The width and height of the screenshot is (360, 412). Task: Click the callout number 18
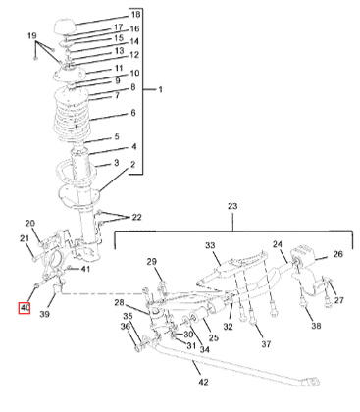135,15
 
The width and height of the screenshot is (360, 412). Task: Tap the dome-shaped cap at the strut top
64,26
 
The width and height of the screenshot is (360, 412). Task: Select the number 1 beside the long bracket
160,89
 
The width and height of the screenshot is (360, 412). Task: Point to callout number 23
232,206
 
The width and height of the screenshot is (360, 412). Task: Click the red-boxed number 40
25,308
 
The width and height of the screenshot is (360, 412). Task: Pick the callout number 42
203,382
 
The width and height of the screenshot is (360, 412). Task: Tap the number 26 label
338,254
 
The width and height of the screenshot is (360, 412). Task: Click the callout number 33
211,245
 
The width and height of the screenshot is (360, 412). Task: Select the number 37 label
266,344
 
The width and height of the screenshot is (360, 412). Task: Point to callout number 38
316,326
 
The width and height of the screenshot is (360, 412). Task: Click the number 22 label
136,217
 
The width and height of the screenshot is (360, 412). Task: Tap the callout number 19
32,35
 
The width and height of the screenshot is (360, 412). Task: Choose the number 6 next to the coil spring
133,113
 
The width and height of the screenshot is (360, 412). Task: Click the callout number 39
44,314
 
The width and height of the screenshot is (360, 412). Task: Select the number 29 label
151,262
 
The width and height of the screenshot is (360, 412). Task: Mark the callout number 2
132,164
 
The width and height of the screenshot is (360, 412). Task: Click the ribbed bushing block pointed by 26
302,255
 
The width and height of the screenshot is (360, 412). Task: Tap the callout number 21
25,239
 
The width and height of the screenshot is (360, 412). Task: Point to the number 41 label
85,269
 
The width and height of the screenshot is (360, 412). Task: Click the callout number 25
214,337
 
